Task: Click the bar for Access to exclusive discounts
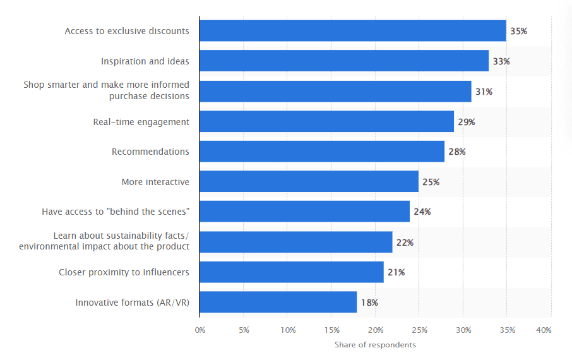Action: tap(352, 31)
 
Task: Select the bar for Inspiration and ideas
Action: tap(343, 61)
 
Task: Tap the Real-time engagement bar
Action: tap(326, 121)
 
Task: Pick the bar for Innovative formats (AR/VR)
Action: tap(278, 303)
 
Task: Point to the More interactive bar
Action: tap(309, 182)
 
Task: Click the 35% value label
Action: tap(520, 31)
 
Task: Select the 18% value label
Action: tap(369, 303)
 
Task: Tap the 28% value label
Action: tap(457, 152)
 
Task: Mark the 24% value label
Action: tap(422, 212)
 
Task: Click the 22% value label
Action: tap(405, 243)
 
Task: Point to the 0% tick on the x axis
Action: tap(200, 330)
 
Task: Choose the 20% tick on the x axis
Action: tap(376, 330)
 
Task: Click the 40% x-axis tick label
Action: tap(544, 330)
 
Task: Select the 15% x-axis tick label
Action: tap(332, 330)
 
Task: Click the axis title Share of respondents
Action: tap(375, 345)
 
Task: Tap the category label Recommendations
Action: tap(150, 152)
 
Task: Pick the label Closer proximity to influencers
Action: tap(124, 273)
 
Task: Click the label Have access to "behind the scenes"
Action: tap(116, 212)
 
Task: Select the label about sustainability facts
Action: tap(104, 241)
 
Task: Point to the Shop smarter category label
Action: tap(106, 90)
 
